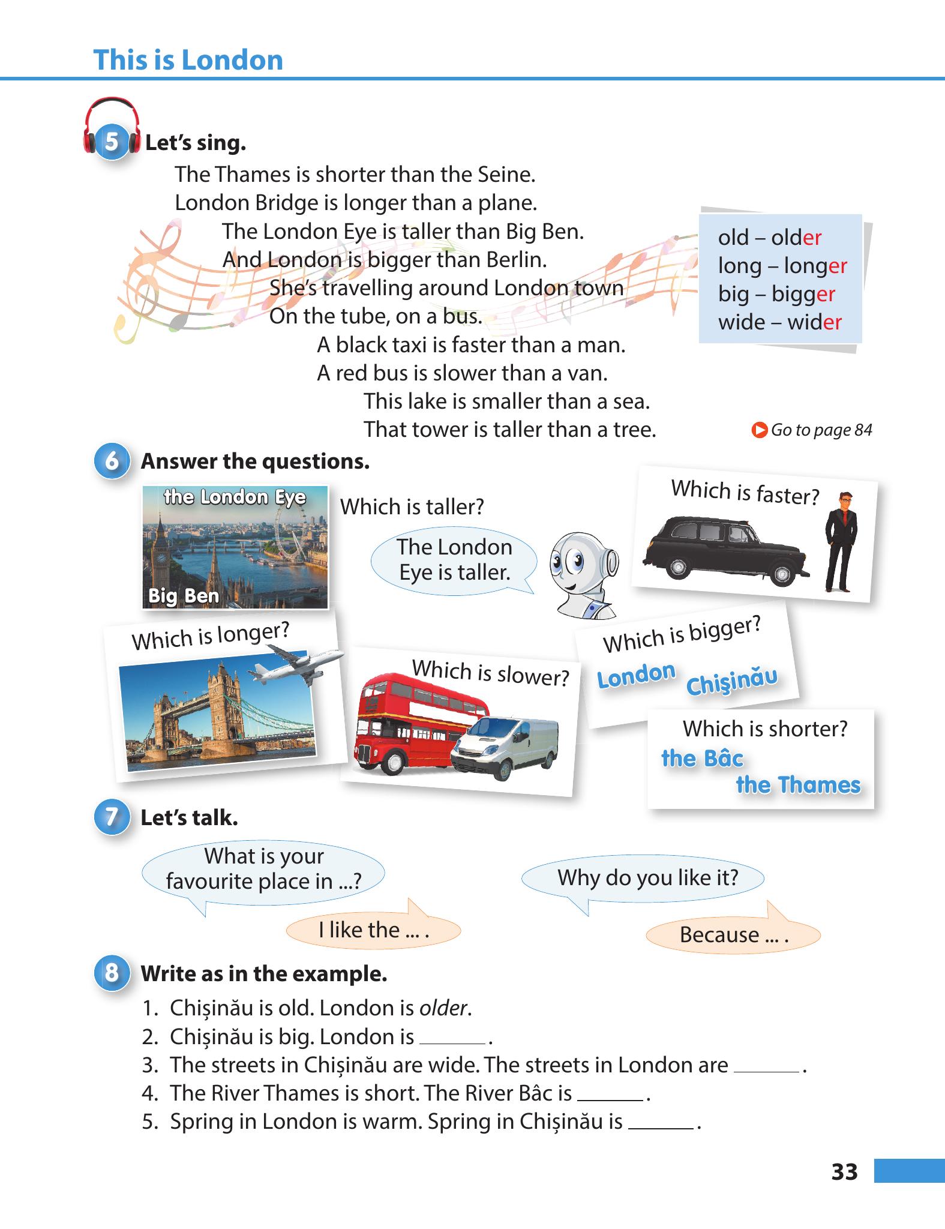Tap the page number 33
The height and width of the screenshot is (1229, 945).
click(x=844, y=1171)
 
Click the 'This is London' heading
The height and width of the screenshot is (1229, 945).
click(x=188, y=60)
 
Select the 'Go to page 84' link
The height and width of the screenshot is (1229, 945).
click(x=812, y=430)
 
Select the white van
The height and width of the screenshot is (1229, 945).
click(x=505, y=747)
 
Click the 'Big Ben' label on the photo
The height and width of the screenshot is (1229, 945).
click(x=184, y=596)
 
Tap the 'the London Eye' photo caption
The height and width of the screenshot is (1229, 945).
click(x=235, y=497)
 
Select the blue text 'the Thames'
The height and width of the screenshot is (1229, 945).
click(x=798, y=785)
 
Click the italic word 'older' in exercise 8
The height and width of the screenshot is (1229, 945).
click(x=443, y=1008)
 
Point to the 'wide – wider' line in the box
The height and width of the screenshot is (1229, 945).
click(x=780, y=322)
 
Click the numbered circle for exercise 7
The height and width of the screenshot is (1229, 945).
click(x=112, y=817)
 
